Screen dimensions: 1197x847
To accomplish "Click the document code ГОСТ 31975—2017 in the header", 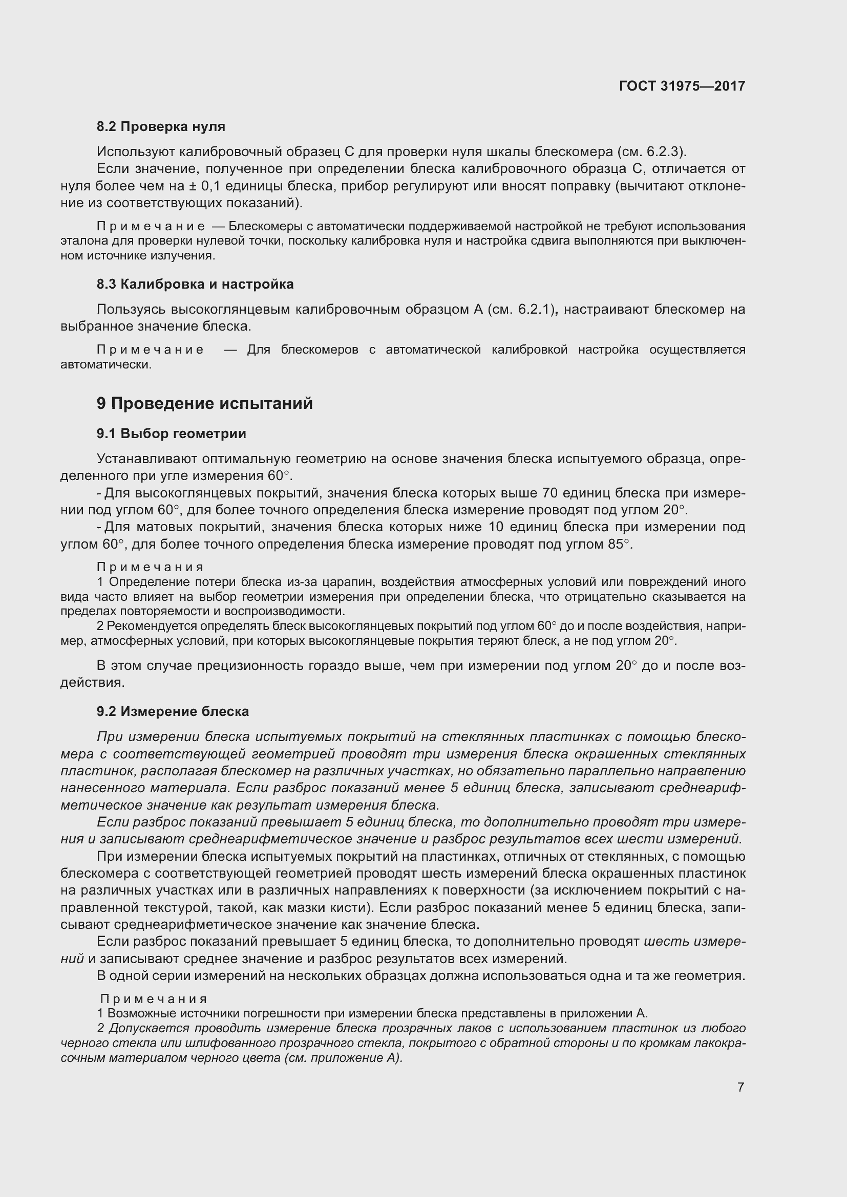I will click(682, 86).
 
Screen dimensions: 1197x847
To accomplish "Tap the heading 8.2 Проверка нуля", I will click(161, 127).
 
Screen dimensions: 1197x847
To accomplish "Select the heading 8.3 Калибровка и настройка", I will click(195, 284).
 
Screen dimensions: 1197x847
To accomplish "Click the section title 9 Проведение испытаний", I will click(204, 403).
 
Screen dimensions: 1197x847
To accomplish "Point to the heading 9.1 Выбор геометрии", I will click(171, 434).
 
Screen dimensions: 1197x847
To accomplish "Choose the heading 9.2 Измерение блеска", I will click(173, 712).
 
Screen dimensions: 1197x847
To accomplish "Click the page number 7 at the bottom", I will click(740, 1087).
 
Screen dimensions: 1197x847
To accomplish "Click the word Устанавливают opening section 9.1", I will click(146, 459).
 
